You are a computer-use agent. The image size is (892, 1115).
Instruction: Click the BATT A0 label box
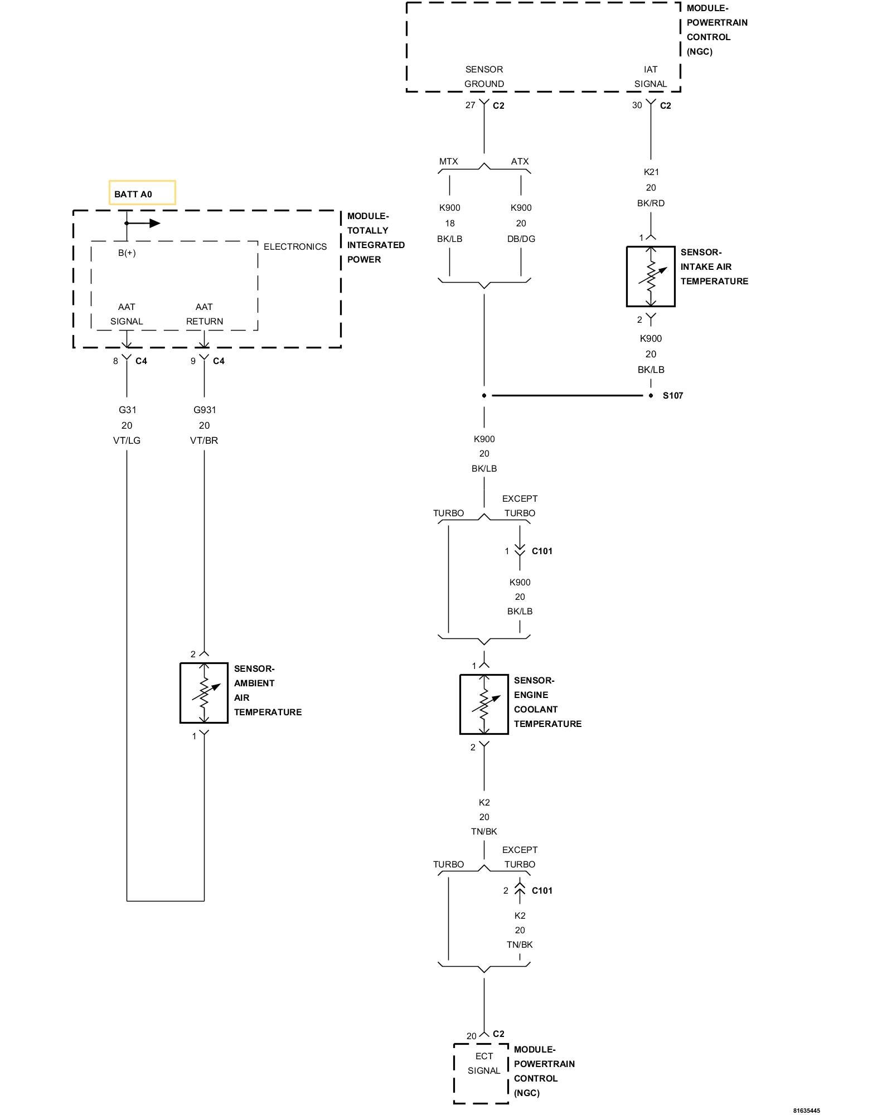[x=142, y=193]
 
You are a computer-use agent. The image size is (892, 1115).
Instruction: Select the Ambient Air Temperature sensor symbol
[x=204, y=693]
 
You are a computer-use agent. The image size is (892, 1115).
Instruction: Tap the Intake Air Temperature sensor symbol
[x=651, y=277]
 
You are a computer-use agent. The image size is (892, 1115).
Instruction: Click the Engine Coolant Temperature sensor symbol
[x=484, y=705]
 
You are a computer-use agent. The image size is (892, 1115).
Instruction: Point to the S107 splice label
[x=672, y=396]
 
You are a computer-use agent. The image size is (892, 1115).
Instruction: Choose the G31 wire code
[x=127, y=410]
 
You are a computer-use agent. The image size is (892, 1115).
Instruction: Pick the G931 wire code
[x=205, y=410]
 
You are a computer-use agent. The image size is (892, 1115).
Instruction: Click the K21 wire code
[x=651, y=172]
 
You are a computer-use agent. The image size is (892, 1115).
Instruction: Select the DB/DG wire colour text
[x=521, y=239]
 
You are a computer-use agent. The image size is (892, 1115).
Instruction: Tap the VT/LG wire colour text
[x=127, y=440]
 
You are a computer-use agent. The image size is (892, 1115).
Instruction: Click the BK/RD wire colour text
[x=651, y=203]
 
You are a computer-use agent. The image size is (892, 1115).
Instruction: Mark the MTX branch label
[x=448, y=162]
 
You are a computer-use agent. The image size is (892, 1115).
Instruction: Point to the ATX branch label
[x=520, y=162]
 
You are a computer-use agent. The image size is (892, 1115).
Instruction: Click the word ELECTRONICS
[x=295, y=247]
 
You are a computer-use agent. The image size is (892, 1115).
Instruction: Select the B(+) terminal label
[x=127, y=253]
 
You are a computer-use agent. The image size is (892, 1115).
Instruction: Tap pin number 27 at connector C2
[x=471, y=105]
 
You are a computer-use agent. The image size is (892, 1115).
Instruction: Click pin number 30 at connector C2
[x=637, y=105]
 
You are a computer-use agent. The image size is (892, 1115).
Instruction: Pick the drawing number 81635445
[x=807, y=1111]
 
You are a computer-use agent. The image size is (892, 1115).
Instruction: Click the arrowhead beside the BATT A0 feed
[x=154, y=224]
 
